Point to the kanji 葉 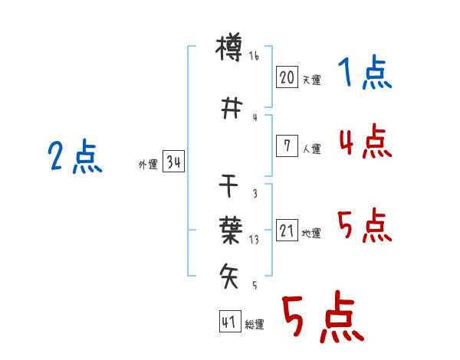(x=231, y=230)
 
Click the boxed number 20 (x=287, y=77)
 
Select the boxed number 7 (x=287, y=146)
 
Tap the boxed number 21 (x=287, y=230)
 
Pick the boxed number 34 (x=173, y=162)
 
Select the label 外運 (x=148, y=165)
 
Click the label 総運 (x=255, y=325)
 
